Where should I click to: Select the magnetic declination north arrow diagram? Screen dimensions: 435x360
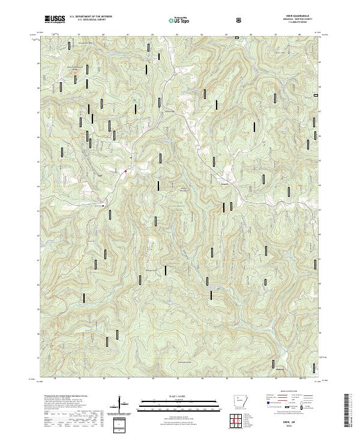pos(123,408)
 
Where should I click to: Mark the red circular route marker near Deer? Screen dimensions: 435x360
pos(125,172)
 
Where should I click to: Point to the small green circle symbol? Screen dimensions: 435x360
pos(135,100)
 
